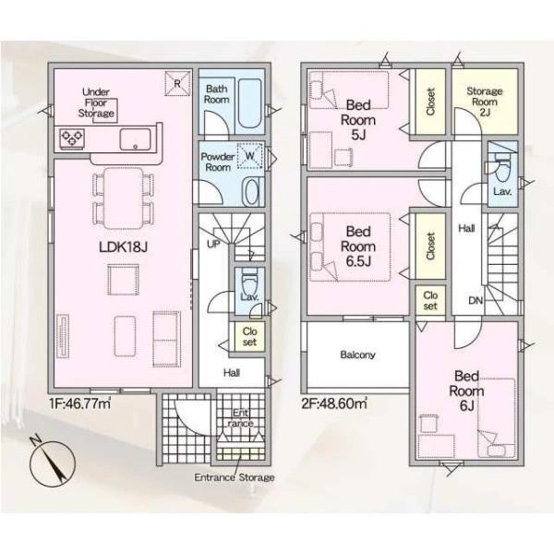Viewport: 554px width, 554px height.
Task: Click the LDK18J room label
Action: point(123,247)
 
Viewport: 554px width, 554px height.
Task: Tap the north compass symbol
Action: point(53,463)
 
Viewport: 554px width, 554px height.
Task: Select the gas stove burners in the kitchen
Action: point(72,137)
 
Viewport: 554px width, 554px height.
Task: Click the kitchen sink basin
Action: point(135,139)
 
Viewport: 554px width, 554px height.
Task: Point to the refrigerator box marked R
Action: point(177,83)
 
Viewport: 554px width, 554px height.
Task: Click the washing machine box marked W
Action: point(250,156)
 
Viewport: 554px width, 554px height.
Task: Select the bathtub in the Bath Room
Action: point(250,103)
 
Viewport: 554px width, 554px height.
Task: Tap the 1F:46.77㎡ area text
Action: point(79,403)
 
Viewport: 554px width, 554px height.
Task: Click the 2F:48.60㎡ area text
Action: point(334,403)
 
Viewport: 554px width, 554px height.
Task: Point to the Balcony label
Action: point(357,355)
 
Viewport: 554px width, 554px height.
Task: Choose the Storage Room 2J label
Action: point(485,102)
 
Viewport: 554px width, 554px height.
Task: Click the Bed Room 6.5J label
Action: point(358,247)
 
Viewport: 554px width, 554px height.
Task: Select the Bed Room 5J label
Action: point(358,120)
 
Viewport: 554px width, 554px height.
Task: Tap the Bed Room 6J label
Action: point(466,391)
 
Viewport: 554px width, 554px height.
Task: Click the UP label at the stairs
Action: point(213,244)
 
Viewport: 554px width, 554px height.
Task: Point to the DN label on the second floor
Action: point(476,301)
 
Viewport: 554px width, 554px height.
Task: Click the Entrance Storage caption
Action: point(235,477)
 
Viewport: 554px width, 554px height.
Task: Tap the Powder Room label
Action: point(218,162)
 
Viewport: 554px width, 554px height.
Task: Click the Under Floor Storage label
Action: point(96,102)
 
